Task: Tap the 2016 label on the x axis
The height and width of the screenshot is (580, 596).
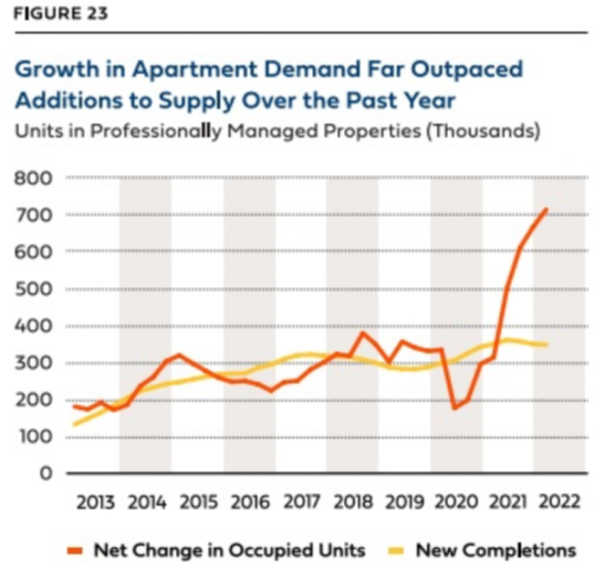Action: [x=249, y=501]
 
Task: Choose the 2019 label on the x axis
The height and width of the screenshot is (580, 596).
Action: [x=405, y=501]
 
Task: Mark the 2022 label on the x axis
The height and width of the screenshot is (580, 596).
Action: [x=559, y=501]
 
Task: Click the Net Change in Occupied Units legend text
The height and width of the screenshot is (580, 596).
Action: [x=229, y=550]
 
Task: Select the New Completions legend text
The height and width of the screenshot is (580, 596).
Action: [x=496, y=550]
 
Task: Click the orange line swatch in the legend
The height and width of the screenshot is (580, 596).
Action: [x=73, y=551]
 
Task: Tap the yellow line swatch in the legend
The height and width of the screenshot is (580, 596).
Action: [x=395, y=551]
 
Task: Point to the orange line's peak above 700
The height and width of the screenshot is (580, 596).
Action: [x=546, y=209]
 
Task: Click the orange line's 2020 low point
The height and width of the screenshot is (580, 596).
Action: [x=454, y=407]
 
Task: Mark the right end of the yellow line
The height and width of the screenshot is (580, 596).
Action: [x=546, y=344]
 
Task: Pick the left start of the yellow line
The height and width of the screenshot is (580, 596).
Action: [x=73, y=425]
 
